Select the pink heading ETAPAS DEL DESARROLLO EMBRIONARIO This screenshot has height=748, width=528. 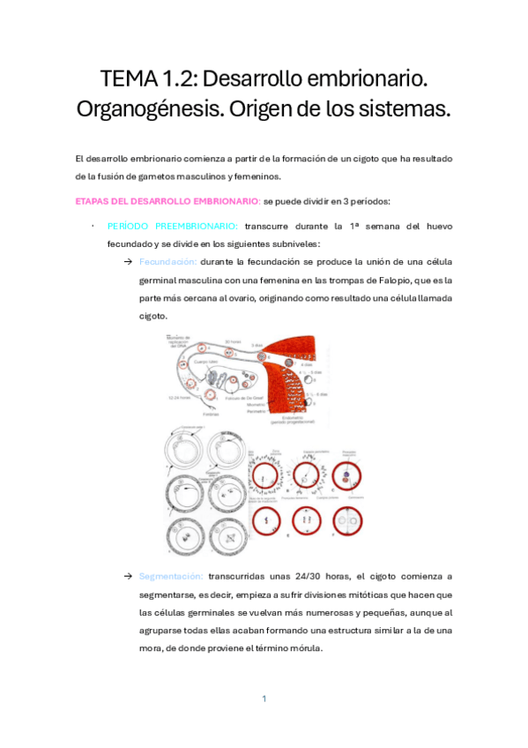coord(168,201)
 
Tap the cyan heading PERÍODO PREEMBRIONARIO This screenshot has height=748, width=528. coord(172,227)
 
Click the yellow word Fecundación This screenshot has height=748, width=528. coord(167,262)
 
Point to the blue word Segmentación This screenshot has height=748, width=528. coord(170,576)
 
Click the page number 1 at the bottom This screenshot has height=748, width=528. coord(264,699)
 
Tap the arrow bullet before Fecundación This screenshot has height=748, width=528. coord(128,262)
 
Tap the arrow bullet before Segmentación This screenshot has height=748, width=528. coord(128,576)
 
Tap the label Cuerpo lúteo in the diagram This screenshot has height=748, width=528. coord(200,361)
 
